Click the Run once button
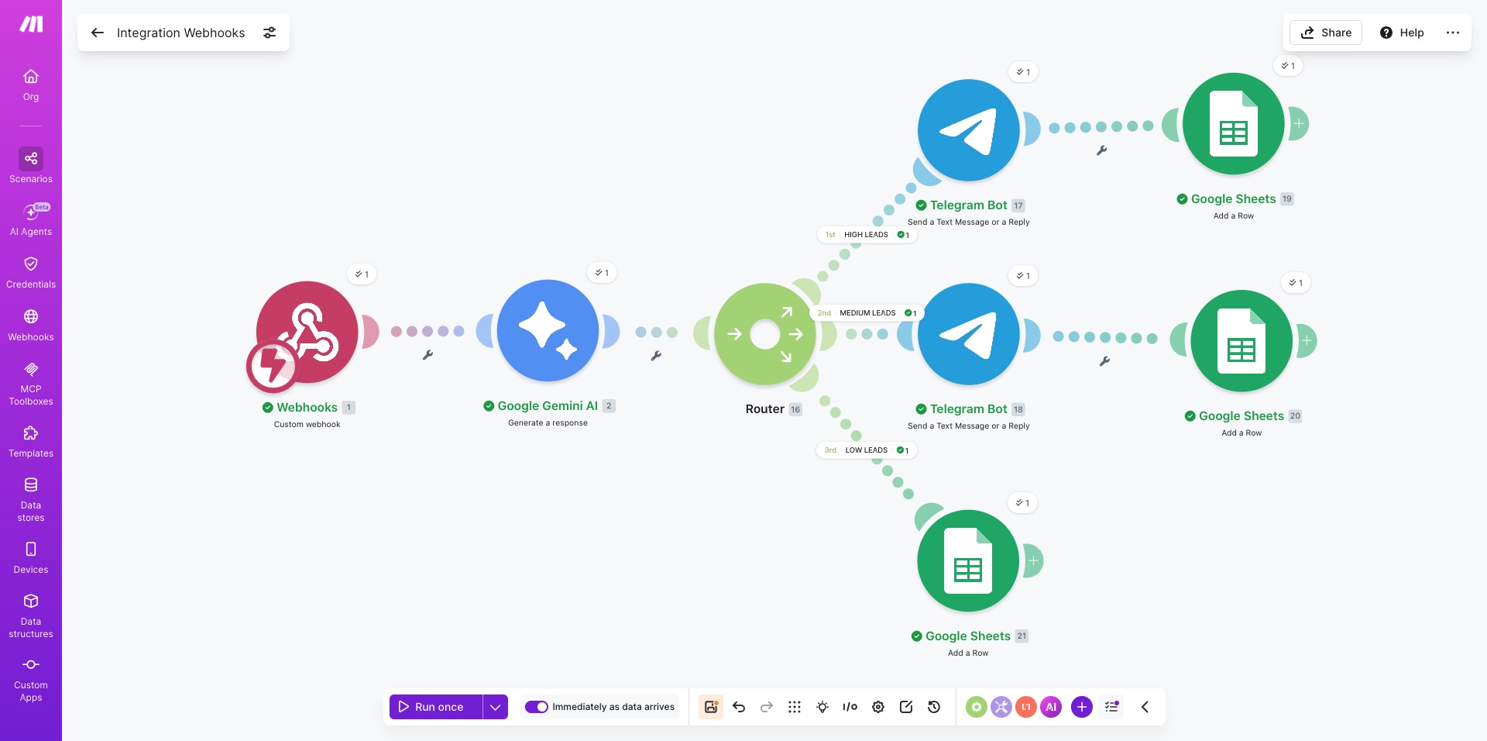(436, 707)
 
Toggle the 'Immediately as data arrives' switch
(537, 707)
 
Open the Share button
(1326, 33)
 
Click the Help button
(1402, 33)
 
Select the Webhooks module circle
(307, 332)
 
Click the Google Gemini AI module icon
(548, 330)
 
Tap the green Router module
(765, 334)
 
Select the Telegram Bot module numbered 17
(968, 130)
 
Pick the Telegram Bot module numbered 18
(968, 334)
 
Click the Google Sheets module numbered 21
(968, 560)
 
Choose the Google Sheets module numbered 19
(1234, 124)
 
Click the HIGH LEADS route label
(867, 235)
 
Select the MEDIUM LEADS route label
(867, 313)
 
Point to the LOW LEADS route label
(867, 450)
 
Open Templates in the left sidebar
(31, 442)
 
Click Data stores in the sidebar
(31, 500)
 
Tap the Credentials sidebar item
(31, 273)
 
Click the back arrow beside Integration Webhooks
(98, 33)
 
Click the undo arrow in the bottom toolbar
(739, 707)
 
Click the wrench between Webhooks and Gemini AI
(428, 355)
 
